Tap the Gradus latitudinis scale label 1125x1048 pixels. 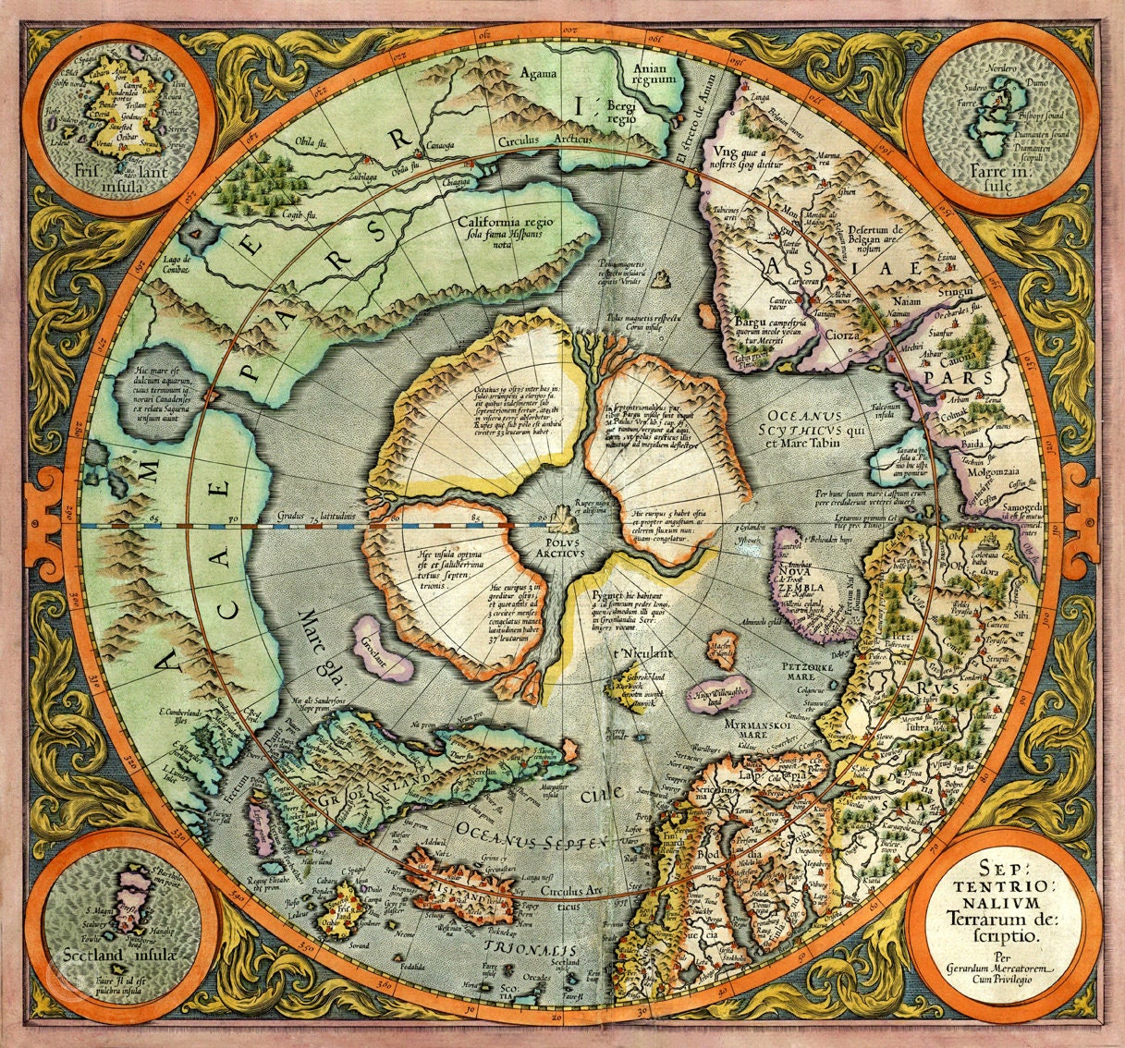311,517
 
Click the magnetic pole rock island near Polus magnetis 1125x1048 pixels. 661,278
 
